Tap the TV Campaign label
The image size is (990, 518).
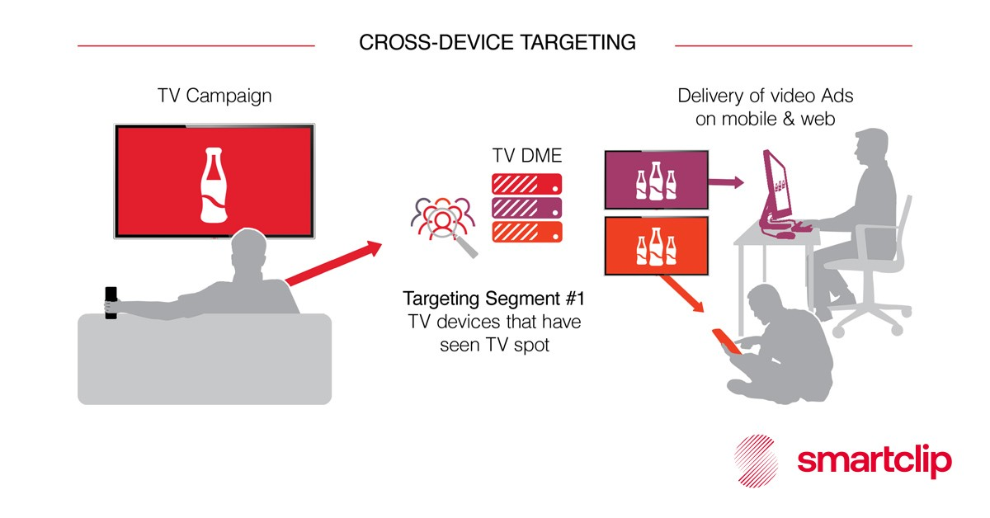pos(214,96)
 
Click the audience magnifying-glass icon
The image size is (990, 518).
pos(443,224)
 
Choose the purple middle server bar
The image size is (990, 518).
pos(526,207)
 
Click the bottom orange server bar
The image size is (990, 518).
pos(526,231)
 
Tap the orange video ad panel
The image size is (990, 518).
pos(656,246)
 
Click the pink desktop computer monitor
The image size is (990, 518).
pos(775,186)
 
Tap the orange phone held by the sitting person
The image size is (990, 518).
pos(725,339)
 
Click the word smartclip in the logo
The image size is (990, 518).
pos(874,461)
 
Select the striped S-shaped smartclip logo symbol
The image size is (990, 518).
pos(757,462)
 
